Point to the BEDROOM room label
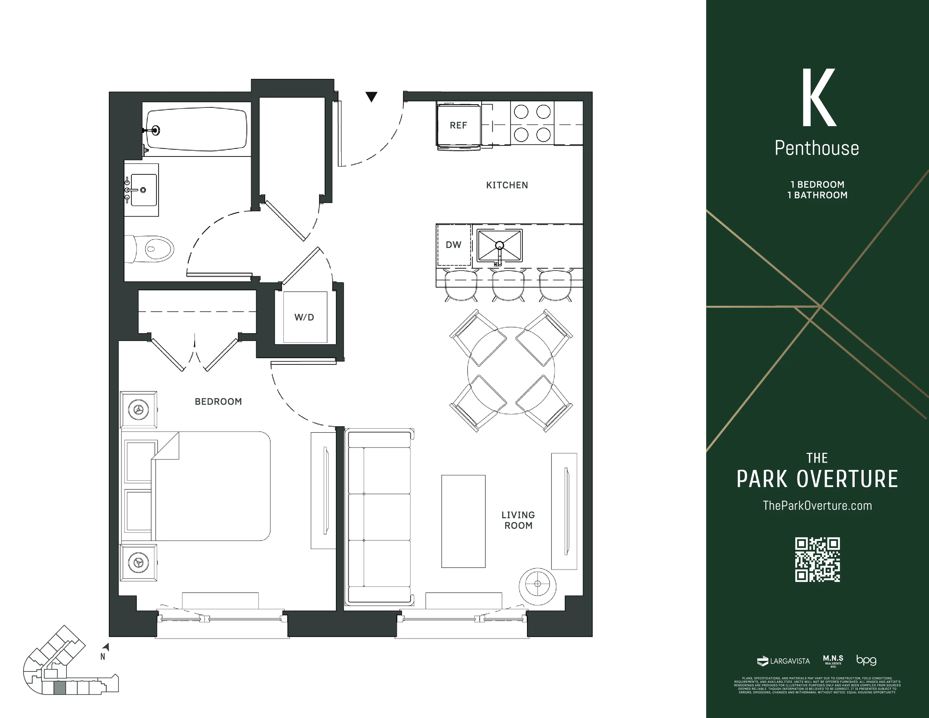(x=218, y=402)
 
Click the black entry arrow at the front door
(x=371, y=97)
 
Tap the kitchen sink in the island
(x=499, y=246)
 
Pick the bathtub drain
(x=156, y=130)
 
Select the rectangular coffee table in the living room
(x=463, y=521)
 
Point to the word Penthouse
(x=817, y=148)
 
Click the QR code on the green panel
(x=817, y=559)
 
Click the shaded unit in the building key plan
(x=60, y=687)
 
